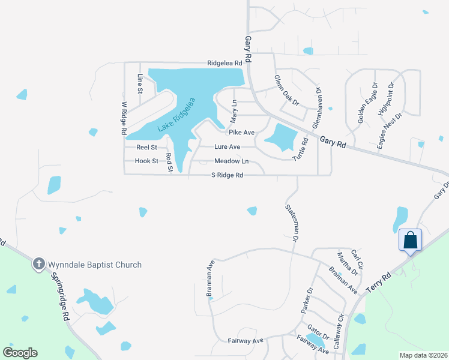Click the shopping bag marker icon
click(411, 241)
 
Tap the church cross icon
click(38, 263)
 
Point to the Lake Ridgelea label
click(177, 115)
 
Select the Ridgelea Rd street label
click(224, 63)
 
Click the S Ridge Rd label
click(227, 175)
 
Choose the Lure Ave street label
click(228, 147)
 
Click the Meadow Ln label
click(232, 161)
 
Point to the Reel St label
click(146, 147)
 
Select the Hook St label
click(146, 161)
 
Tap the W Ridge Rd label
click(124, 117)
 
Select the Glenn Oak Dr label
click(286, 90)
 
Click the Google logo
click(20, 353)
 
